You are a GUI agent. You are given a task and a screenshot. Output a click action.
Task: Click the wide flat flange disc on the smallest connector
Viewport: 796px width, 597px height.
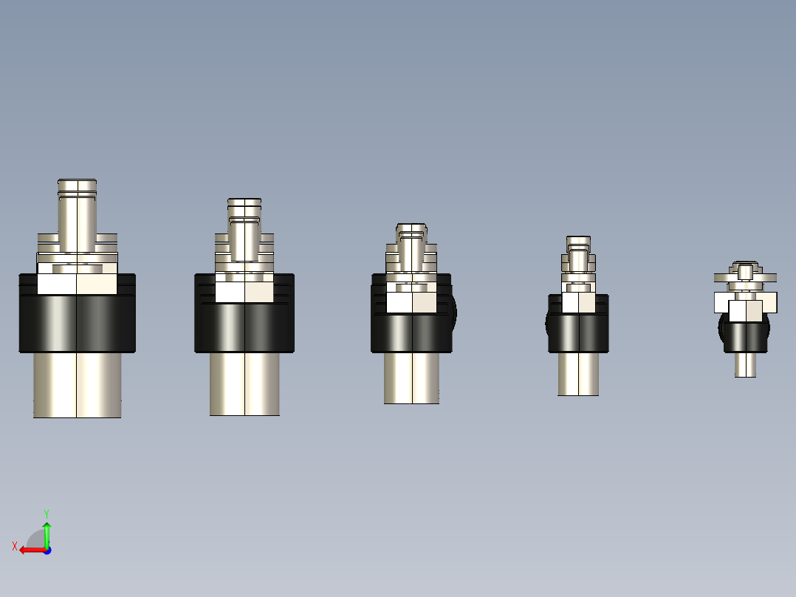(x=745, y=278)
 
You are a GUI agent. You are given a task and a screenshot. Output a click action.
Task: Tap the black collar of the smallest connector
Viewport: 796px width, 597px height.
(x=746, y=337)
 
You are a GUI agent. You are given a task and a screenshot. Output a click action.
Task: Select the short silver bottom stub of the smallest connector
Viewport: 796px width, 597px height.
(x=745, y=364)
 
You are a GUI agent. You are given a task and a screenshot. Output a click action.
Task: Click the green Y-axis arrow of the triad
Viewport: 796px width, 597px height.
(x=47, y=532)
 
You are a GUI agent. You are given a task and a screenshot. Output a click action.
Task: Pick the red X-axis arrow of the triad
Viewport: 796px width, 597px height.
(x=30, y=550)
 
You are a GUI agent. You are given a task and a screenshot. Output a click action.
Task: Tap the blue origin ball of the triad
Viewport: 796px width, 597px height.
(x=47, y=550)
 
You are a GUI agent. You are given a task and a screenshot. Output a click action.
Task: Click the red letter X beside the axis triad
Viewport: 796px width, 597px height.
(x=14, y=546)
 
